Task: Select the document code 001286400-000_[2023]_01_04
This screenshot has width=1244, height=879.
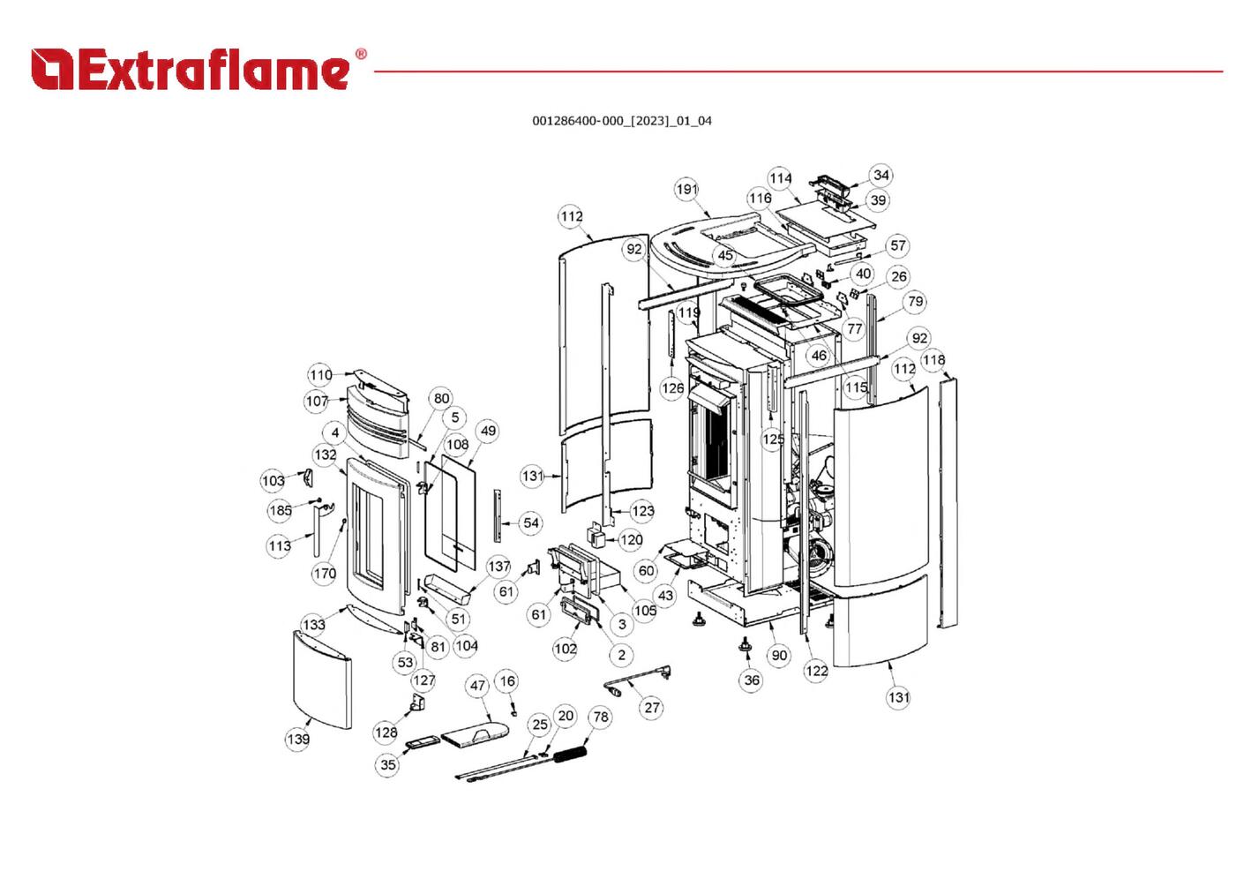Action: (x=621, y=121)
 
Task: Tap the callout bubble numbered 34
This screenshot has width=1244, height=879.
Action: (x=881, y=175)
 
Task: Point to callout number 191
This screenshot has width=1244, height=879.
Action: (x=687, y=189)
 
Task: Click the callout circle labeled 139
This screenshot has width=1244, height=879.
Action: (x=298, y=738)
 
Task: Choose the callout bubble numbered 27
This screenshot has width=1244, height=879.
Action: (x=652, y=707)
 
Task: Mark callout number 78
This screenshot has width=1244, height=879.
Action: (x=601, y=717)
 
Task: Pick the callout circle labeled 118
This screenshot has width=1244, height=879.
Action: (x=933, y=359)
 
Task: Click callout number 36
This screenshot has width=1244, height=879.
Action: (x=752, y=680)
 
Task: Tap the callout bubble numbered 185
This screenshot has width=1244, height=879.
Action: (x=281, y=510)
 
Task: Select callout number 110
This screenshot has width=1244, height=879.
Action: (x=320, y=374)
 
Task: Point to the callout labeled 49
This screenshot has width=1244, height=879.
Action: (x=488, y=431)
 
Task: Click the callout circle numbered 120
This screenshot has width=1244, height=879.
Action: (x=631, y=539)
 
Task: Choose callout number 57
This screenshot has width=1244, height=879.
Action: (x=897, y=245)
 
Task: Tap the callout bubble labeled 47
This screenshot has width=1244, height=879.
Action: (x=477, y=685)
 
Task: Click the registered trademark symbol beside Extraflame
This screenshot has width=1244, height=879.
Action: (x=360, y=54)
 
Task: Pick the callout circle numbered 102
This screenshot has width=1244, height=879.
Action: (x=566, y=649)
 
